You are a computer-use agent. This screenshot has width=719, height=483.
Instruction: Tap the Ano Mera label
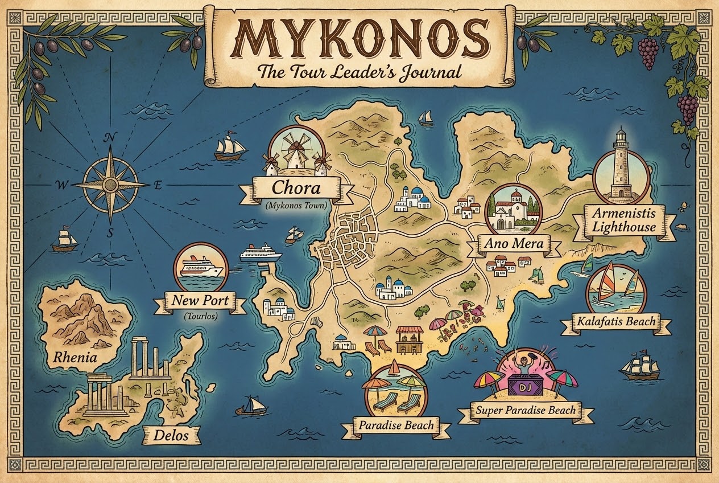514,244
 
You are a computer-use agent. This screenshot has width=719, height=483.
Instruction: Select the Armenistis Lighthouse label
623,220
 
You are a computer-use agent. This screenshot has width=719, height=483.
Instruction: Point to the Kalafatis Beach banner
615,322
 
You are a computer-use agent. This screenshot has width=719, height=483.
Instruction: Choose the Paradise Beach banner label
396,425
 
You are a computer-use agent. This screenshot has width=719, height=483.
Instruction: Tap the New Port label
196,300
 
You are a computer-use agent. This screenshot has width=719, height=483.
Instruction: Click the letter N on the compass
110,137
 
